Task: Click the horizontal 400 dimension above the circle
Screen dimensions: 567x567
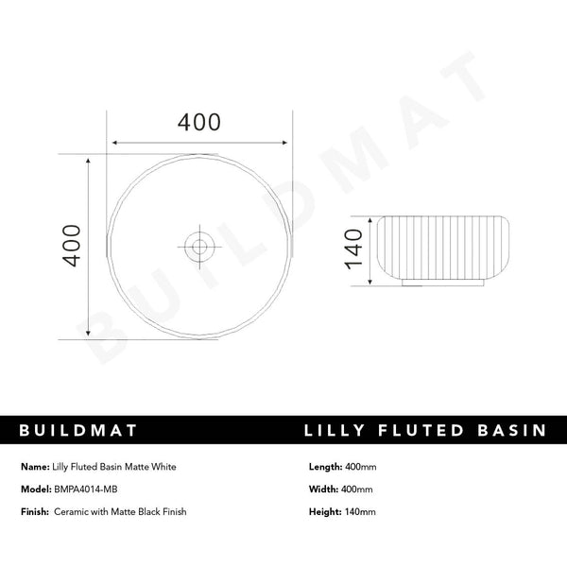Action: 199,123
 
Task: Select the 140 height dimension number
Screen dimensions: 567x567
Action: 353,249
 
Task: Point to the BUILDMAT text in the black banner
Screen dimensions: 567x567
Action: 79,431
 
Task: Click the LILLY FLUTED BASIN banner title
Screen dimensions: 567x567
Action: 425,431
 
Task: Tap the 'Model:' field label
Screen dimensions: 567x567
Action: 35,490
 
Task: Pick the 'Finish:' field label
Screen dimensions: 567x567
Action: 36,512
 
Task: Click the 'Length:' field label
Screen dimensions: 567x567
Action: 325,467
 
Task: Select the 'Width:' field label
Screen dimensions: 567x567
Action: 323,490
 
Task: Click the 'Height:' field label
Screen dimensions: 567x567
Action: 324,512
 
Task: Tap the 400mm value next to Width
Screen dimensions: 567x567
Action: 358,490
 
